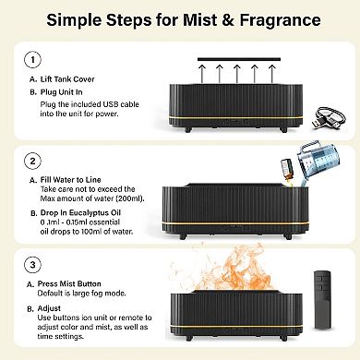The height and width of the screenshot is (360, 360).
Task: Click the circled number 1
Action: pos(32,60)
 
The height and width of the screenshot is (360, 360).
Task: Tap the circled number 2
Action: pos(32,161)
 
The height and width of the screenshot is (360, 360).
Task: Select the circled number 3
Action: pos(32,265)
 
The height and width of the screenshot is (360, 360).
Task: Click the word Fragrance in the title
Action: pos(280,20)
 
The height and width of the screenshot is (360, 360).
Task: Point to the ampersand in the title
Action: pos(228,19)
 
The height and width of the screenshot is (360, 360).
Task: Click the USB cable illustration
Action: pos(329,118)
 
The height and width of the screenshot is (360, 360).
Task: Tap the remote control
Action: pos(322,299)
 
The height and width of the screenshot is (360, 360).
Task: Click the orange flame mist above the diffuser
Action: pos(224,268)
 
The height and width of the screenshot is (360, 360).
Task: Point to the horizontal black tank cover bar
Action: pos(239,59)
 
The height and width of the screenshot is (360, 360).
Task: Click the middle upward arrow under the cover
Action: pos(236,73)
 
